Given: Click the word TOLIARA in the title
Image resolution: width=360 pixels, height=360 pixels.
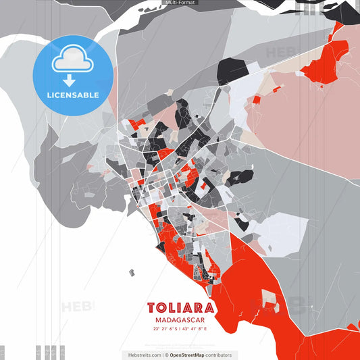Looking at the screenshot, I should pyautogui.click(x=180, y=308).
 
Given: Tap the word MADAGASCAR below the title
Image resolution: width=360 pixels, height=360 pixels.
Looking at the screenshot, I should pyautogui.click(x=180, y=319).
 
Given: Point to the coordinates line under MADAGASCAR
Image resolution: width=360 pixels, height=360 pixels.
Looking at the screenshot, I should pyautogui.click(x=180, y=329).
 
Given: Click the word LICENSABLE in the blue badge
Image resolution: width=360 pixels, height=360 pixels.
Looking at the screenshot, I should pyautogui.click(x=72, y=95).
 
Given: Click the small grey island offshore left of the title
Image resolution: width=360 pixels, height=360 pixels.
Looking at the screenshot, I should pyautogui.click(x=131, y=273).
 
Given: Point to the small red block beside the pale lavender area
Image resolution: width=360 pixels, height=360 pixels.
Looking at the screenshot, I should pyautogui.click(x=256, y=99).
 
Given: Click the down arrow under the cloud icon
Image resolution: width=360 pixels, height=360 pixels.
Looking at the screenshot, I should pyautogui.click(x=72, y=78).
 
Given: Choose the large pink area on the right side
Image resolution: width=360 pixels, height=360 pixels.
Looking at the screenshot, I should pyautogui.click(x=311, y=115).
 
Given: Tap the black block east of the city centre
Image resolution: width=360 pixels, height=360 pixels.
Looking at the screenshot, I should pyautogui.click(x=238, y=178).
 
